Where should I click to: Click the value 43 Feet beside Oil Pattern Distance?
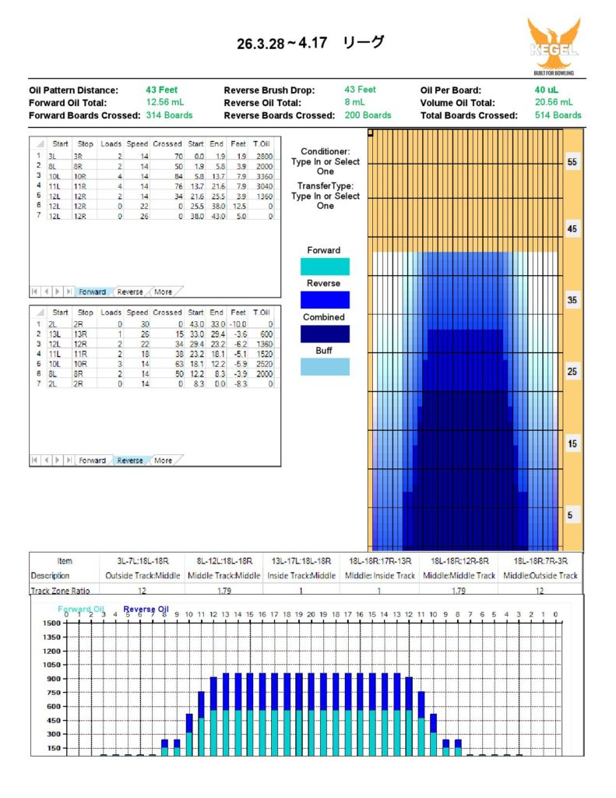click(161, 90)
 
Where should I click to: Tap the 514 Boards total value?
click(558, 115)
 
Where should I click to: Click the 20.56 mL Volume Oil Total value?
click(554, 102)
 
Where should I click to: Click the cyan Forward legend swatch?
click(324, 267)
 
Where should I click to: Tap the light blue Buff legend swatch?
click(324, 367)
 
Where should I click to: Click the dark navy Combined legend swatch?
click(324, 334)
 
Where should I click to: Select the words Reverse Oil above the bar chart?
click(146, 609)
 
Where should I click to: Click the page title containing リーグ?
click(311, 44)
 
